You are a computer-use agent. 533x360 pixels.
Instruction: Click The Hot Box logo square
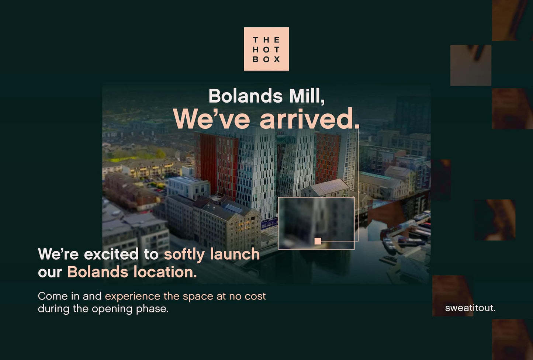click(x=266, y=49)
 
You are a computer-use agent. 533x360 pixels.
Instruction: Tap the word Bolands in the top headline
click(x=245, y=96)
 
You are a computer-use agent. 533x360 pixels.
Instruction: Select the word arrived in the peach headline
click(x=309, y=119)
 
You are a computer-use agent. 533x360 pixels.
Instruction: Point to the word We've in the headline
click(x=211, y=119)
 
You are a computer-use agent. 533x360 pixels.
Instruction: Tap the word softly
click(x=184, y=255)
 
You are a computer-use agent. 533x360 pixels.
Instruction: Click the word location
click(x=165, y=272)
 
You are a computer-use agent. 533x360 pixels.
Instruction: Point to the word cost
click(x=255, y=296)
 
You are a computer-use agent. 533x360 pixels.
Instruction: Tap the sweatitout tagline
click(x=470, y=308)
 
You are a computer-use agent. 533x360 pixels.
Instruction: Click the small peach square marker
click(x=318, y=241)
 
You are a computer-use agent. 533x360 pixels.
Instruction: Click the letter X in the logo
click(x=277, y=59)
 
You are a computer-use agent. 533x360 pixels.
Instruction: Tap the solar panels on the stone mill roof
click(x=233, y=208)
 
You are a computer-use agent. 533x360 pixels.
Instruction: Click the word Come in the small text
click(x=52, y=296)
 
